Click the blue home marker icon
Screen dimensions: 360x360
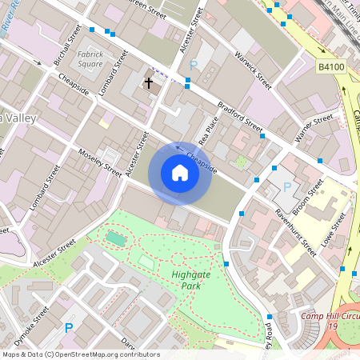click(179, 173)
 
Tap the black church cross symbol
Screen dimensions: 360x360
click(148, 82)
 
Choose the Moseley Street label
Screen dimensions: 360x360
click(101, 164)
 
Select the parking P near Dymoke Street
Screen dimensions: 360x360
click(69, 327)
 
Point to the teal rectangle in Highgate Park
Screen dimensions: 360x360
click(116, 238)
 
